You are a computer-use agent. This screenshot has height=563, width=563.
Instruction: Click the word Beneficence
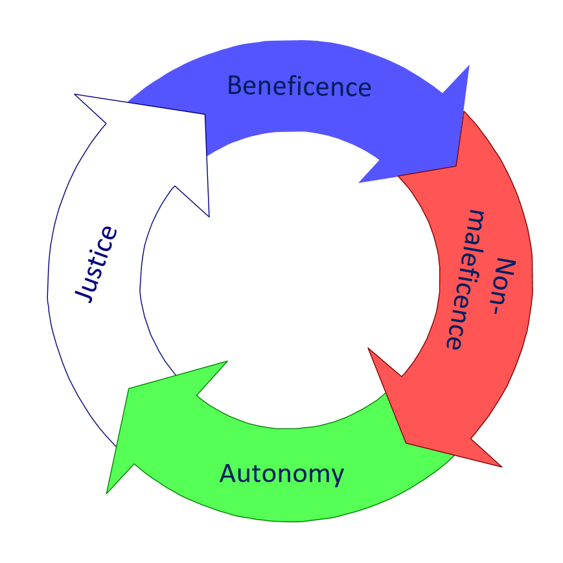299,86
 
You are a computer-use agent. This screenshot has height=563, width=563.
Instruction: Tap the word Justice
98,264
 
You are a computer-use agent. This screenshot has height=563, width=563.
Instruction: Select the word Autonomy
282,474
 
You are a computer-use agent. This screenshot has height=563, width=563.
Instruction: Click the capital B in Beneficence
235,85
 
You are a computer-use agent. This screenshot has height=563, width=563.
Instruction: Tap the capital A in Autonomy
229,474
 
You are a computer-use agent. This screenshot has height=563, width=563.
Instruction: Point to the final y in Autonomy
336,477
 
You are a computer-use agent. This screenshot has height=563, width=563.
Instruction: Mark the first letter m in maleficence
476,220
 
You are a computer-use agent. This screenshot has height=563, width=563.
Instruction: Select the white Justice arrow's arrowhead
162,142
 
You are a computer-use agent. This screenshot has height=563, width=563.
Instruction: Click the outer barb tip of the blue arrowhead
468,65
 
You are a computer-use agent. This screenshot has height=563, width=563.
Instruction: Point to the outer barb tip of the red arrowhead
501,467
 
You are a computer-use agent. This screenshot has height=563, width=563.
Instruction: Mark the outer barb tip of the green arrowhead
107,494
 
